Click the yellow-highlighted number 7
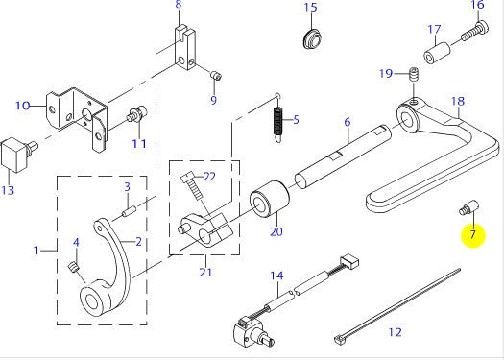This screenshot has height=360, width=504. click(472, 234)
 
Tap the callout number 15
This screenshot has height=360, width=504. click(310, 7)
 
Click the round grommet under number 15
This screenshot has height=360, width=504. click(312, 39)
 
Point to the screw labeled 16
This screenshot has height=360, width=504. click(475, 31)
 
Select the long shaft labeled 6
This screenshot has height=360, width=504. click(343, 156)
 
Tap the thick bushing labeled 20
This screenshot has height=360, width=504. click(270, 201)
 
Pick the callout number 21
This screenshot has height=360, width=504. click(205, 272)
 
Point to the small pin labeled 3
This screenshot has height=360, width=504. click(130, 211)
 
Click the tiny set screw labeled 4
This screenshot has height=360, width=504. click(74, 267)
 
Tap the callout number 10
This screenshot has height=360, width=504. click(22, 106)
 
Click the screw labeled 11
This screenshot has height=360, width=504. click(137, 114)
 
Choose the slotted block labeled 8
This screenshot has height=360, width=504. click(185, 47)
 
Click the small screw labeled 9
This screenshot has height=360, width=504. click(216, 76)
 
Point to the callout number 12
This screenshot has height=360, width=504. click(395, 331)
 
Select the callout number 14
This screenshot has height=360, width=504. click(276, 276)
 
